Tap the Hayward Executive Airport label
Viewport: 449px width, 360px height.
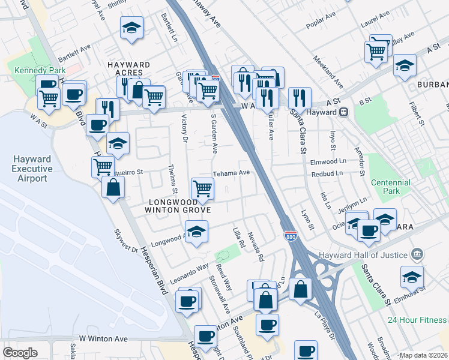(x=32, y=169)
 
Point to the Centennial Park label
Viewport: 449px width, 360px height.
(x=390, y=187)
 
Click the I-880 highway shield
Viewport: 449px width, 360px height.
(x=291, y=236)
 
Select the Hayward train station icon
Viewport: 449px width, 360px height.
(x=345, y=112)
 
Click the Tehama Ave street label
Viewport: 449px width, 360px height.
(x=232, y=172)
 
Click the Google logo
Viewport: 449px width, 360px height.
(x=20, y=353)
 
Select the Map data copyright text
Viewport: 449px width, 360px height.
(x=423, y=355)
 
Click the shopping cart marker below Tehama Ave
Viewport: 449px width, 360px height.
(x=202, y=188)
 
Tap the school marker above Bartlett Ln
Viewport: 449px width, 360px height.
(x=131, y=28)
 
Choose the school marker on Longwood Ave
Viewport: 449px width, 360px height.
(x=196, y=232)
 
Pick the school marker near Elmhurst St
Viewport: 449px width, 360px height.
(x=412, y=277)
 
